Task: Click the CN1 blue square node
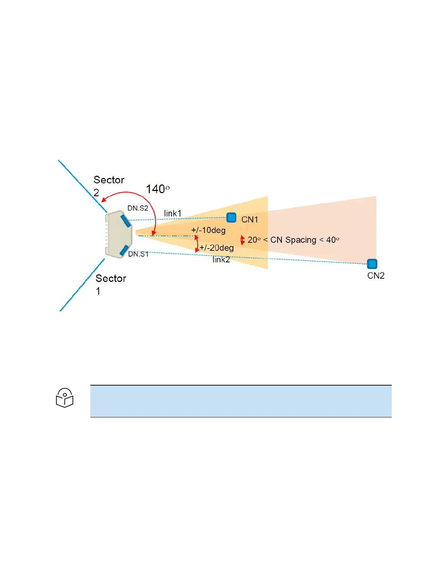click(231, 218)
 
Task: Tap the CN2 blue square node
click(372, 264)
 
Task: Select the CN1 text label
click(250, 220)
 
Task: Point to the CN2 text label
click(376, 276)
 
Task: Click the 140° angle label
click(157, 189)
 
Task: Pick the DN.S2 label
click(138, 208)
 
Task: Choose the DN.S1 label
click(138, 254)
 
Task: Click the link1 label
click(173, 213)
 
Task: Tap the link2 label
click(221, 259)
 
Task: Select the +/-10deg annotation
click(208, 230)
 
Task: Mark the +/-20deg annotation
click(217, 248)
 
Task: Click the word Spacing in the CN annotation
click(301, 240)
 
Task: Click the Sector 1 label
click(111, 284)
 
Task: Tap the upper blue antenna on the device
click(126, 220)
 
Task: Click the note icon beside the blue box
click(65, 398)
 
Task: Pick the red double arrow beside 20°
click(243, 240)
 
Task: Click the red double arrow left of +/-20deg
click(197, 244)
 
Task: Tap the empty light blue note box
click(241, 401)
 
